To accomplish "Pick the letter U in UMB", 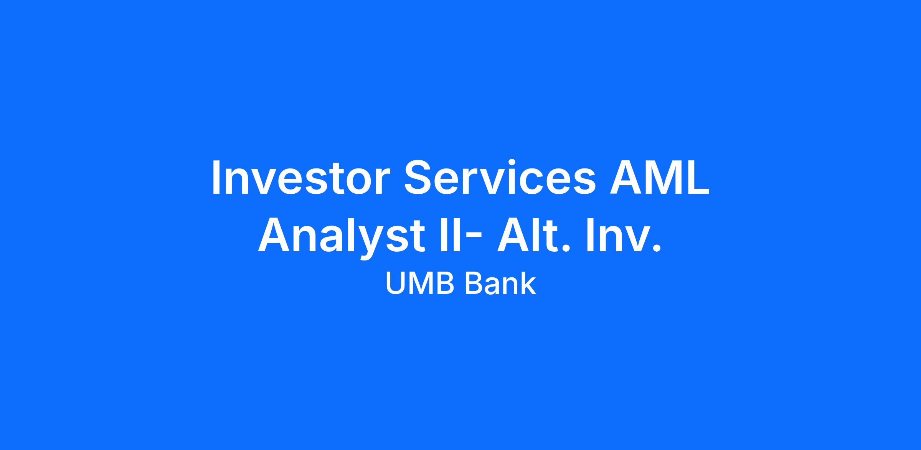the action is (x=395, y=284).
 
